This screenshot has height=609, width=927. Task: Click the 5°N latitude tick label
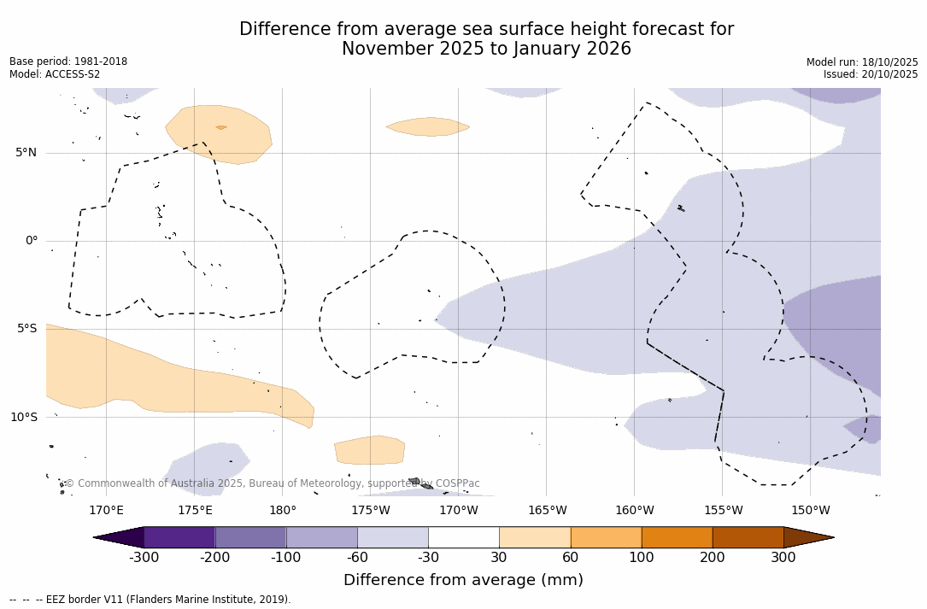pyautogui.click(x=26, y=153)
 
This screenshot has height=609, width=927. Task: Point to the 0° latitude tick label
pyautogui.click(x=31, y=241)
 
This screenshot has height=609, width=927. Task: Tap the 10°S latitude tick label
pyautogui.click(x=24, y=418)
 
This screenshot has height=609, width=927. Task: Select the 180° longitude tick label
pyautogui.click(x=283, y=511)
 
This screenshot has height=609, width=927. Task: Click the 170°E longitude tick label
pyautogui.click(x=106, y=511)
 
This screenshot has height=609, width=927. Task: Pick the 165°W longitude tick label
pyautogui.click(x=547, y=511)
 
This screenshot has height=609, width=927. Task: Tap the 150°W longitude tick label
pyautogui.click(x=810, y=511)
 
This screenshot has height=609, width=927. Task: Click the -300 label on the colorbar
pyautogui.click(x=144, y=558)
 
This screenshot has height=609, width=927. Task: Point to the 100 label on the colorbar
pyautogui.click(x=642, y=558)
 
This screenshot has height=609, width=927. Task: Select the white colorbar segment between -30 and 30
pyautogui.click(x=464, y=537)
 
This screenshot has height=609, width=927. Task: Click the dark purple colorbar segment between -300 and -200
pyautogui.click(x=179, y=537)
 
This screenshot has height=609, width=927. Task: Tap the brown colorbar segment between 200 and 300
pyautogui.click(x=748, y=537)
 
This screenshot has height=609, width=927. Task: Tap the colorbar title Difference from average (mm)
pyautogui.click(x=463, y=581)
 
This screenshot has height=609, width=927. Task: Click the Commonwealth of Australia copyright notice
pyautogui.click(x=272, y=483)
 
